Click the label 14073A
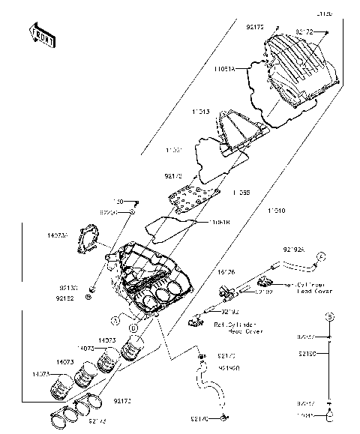[x=56, y=236]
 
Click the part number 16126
[x=226, y=273]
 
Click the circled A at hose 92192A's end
[x=319, y=256]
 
